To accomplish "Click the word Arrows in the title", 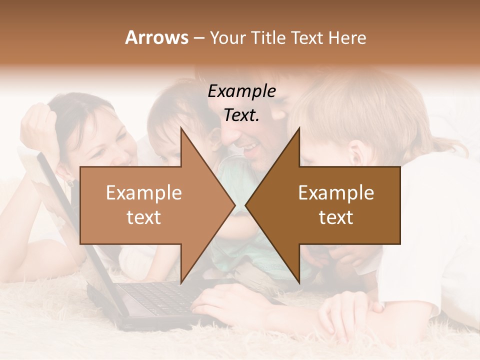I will (157, 38).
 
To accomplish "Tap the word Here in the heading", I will (347, 38).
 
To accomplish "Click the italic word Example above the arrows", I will (241, 91).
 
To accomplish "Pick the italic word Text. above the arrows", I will (241, 115).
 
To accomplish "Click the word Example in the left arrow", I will (144, 193).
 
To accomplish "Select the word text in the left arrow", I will (144, 217).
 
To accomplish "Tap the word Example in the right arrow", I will (336, 193).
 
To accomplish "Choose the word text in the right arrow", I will (336, 217).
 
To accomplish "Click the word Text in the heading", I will (307, 38).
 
